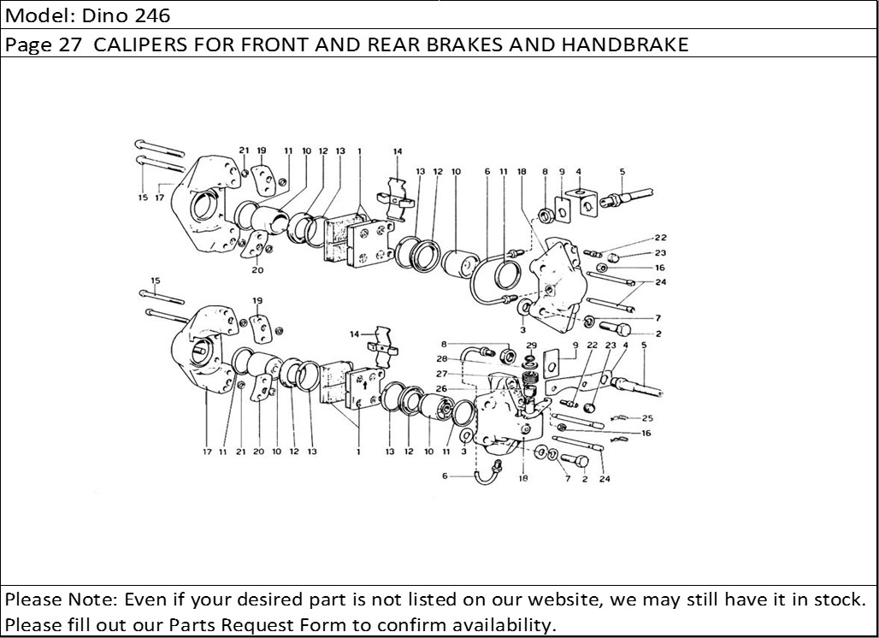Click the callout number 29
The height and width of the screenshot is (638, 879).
(531, 345)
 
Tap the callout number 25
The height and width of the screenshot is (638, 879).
(647, 418)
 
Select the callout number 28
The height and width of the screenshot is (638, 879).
(442, 359)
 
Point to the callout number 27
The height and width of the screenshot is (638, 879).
(442, 374)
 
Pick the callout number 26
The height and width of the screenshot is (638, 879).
(442, 387)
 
